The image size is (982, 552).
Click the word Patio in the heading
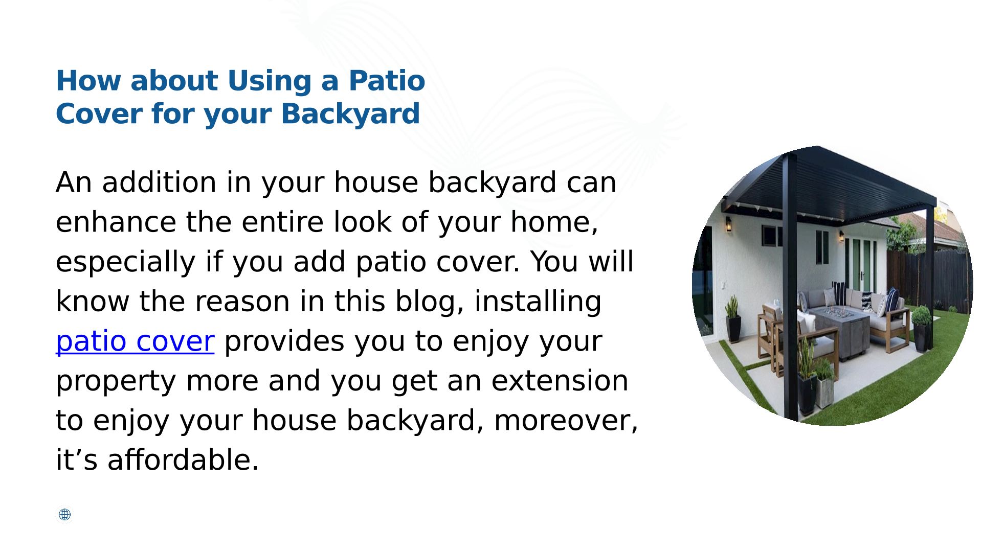(387, 81)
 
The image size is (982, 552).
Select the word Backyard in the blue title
(350, 113)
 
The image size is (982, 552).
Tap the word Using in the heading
(270, 82)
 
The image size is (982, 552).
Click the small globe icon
(64, 515)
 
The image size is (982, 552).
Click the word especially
(125, 263)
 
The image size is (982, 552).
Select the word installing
(538, 303)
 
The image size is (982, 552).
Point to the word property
(116, 382)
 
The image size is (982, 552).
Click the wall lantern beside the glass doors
(841, 236)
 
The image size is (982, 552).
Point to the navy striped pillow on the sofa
(839, 292)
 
